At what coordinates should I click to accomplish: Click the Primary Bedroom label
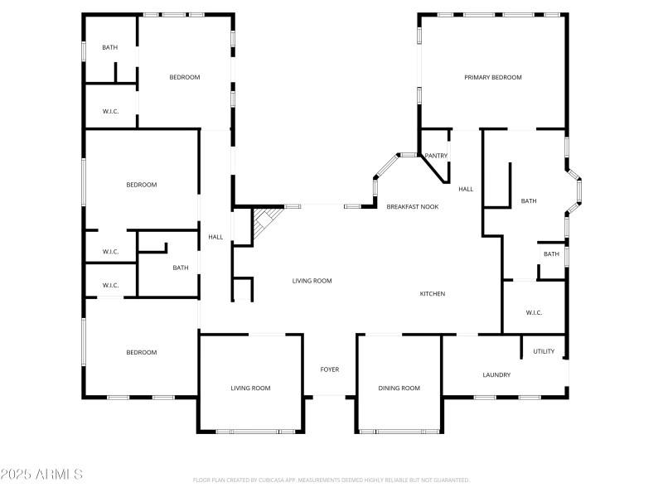click(x=492, y=77)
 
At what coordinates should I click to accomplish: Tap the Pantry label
click(x=436, y=156)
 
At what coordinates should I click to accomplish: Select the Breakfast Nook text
click(x=412, y=206)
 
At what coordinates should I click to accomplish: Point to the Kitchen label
click(x=433, y=294)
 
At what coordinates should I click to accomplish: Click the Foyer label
click(x=330, y=369)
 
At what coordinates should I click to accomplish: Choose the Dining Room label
click(x=399, y=388)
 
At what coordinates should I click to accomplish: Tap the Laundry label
click(x=496, y=375)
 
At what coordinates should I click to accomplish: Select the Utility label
click(x=544, y=351)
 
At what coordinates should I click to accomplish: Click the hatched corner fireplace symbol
click(x=264, y=222)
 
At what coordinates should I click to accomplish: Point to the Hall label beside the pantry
click(x=466, y=189)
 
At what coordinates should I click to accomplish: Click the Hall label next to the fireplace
click(x=215, y=237)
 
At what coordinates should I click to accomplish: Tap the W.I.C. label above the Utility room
click(x=535, y=312)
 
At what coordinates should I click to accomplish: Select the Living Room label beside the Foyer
click(x=250, y=388)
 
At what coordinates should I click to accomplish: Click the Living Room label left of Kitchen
click(x=312, y=281)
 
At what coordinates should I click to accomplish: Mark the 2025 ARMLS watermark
click(x=41, y=475)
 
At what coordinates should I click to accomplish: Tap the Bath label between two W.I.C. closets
click(x=181, y=268)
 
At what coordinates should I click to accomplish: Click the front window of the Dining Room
click(x=399, y=431)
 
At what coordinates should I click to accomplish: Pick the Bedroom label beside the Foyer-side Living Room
click(x=141, y=352)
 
